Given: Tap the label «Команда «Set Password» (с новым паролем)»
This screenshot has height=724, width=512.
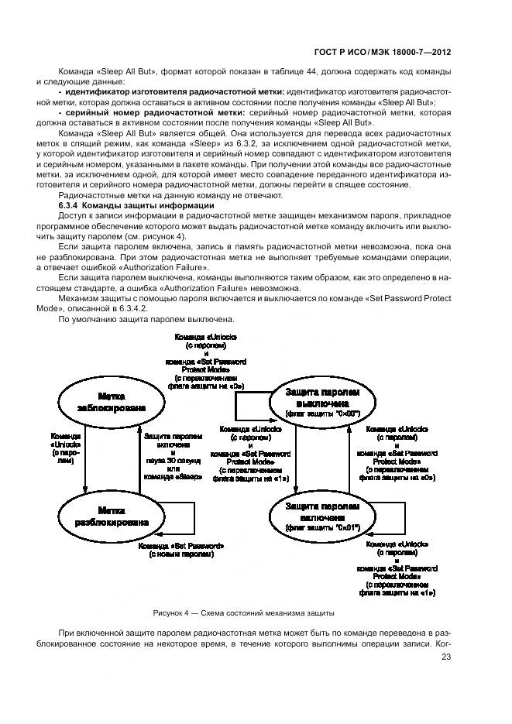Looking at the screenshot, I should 181,551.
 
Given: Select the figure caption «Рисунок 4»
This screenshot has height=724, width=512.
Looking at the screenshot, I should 243,612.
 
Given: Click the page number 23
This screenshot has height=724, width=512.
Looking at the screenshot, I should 445,658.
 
